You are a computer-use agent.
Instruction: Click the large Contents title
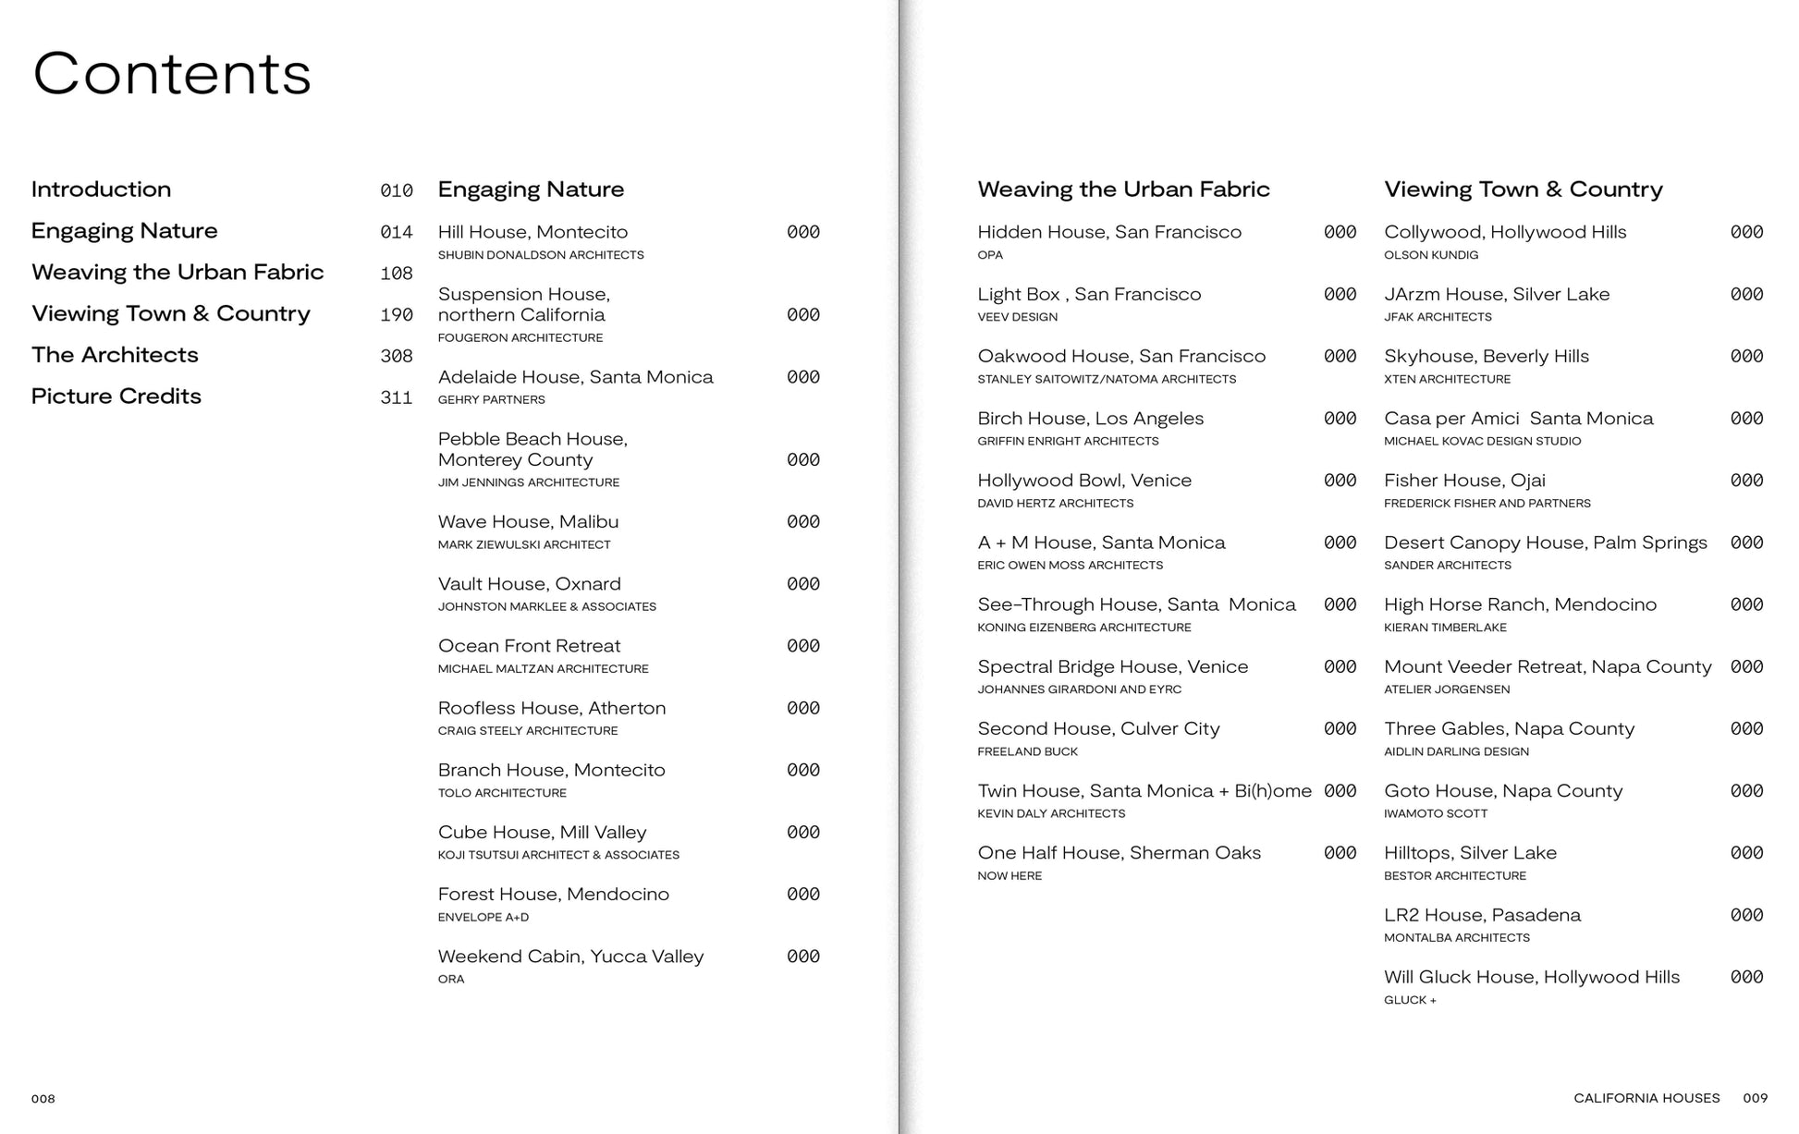172,74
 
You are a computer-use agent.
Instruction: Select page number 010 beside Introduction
396,190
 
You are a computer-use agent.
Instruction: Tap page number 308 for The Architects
396,356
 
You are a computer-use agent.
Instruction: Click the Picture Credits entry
116,396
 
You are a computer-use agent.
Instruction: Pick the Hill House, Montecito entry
532,232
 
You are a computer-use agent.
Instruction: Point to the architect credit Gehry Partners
491,399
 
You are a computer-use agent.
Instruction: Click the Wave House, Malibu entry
528,522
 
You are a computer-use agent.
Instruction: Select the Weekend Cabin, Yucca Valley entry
570,957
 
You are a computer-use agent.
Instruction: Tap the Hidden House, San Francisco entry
1109,232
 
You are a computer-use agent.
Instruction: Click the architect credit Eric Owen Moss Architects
1070,565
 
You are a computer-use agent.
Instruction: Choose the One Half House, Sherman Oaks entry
1119,853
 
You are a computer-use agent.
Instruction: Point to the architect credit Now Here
1009,875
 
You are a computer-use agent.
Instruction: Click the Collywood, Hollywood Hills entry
1505,232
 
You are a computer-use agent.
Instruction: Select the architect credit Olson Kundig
1431,255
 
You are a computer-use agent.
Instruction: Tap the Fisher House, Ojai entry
1464,481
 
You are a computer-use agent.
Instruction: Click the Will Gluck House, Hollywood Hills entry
1532,977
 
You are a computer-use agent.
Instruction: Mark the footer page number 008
43,1099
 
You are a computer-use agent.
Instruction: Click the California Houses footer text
1646,1099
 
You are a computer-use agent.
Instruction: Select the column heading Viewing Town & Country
1523,189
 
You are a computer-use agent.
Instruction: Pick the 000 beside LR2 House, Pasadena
1746,915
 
